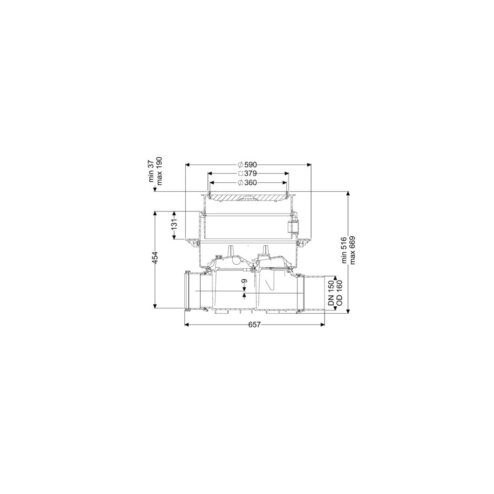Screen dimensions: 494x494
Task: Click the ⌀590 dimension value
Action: click(247, 165)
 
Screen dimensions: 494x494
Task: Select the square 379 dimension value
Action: click(247, 173)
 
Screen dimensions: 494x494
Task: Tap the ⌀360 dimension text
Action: click(247, 182)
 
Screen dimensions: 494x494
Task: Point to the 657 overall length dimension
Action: click(254, 325)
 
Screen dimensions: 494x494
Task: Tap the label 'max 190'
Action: click(160, 170)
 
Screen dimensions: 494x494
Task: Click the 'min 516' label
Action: click(344, 250)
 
